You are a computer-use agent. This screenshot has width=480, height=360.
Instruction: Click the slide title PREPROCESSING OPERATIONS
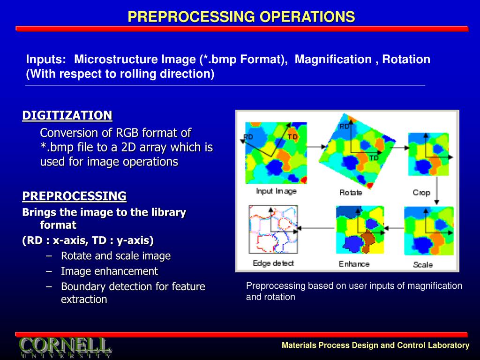pos(241,16)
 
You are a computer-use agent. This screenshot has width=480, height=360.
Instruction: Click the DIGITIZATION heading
pos(67,115)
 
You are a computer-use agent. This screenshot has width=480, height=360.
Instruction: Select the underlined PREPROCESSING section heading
pos(75,196)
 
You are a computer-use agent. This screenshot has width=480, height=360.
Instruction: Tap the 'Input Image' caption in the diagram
pos(276,191)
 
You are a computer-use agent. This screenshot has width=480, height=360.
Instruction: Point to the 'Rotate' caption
pos(351,193)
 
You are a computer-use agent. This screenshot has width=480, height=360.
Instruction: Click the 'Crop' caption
pos(421,193)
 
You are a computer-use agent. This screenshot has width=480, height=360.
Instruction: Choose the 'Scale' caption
pos(423,264)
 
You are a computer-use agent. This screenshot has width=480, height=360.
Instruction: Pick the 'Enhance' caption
pos(354,264)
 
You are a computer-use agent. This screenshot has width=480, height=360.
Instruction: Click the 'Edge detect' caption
pos(273,263)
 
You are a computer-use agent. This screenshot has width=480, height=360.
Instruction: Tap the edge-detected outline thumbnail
pos(273,229)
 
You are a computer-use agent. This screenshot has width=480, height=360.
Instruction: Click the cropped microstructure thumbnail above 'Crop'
pos(428,154)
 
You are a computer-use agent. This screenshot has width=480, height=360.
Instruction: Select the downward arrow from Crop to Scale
pos(437,191)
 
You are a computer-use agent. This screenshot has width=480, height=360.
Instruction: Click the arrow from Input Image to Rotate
pos(317,147)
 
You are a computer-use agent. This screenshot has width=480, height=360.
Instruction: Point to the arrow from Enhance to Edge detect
pos(315,228)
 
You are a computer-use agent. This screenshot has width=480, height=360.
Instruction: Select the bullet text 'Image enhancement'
pos(109,271)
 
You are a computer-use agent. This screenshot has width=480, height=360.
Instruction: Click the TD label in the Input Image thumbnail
pos(292,137)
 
